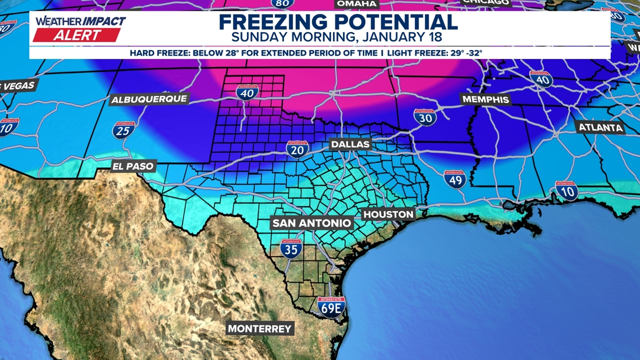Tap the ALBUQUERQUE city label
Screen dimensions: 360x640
149,99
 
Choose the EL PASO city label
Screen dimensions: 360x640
133,166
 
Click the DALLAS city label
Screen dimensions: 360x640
350,144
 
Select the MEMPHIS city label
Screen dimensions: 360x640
485,99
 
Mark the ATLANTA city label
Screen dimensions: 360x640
601,127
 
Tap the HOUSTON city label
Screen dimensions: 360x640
388,214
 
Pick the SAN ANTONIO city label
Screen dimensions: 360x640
312,223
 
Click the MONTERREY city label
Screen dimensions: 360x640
259,329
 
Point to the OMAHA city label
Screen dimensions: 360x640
356,3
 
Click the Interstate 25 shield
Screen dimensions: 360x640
124,130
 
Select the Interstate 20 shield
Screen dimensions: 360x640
297,149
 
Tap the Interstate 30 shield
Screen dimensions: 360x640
425,117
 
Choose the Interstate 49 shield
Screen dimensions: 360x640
454,179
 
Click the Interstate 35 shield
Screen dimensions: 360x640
291,248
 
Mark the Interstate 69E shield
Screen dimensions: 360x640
330,307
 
